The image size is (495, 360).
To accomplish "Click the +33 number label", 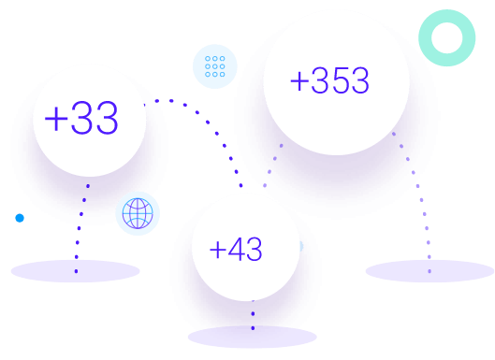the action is click(x=81, y=119).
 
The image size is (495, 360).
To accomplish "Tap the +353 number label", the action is click(x=329, y=81).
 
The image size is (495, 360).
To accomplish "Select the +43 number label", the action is click(x=236, y=250).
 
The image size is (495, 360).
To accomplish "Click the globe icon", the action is click(x=138, y=213).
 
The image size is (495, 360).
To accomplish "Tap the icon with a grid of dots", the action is click(x=215, y=66).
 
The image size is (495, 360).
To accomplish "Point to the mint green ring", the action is click(x=447, y=38).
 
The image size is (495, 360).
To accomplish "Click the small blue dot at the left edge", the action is click(x=20, y=218).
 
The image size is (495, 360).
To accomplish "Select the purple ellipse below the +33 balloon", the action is click(x=75, y=271).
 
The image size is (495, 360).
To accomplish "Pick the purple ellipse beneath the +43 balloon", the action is click(x=252, y=337).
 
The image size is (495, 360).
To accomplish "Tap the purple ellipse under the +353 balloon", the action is click(x=429, y=271).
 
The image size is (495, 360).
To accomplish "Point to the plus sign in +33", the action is click(x=55, y=120).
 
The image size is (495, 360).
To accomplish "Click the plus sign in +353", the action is click(x=299, y=82).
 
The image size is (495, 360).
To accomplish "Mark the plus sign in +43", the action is click(x=217, y=251).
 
